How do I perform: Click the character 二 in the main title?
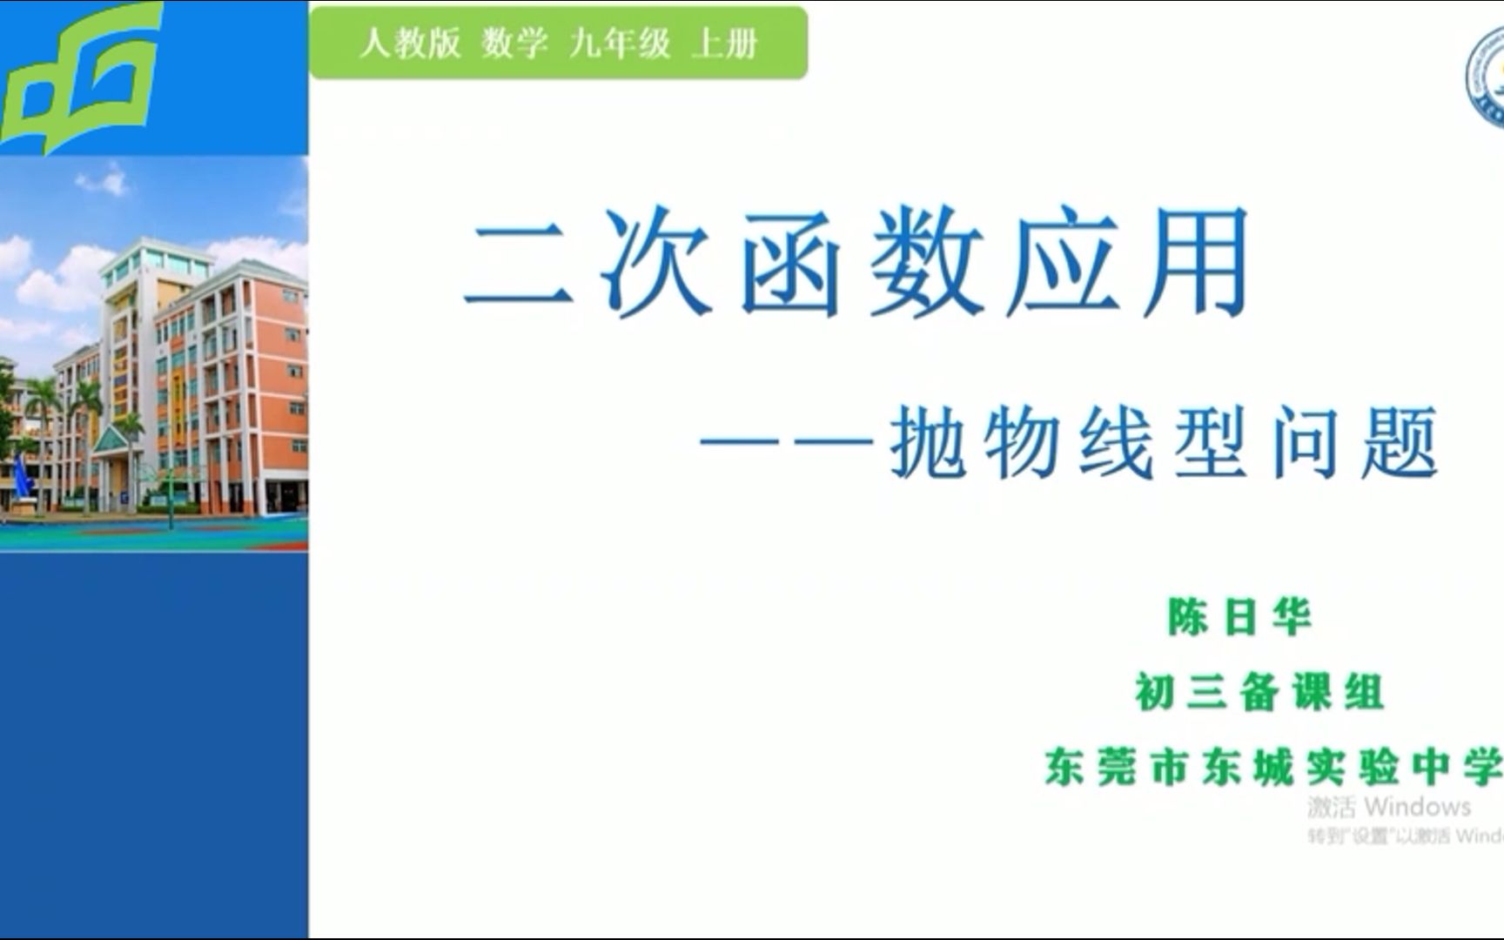(x=520, y=261)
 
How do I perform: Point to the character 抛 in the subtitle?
(x=928, y=443)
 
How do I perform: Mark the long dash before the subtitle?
(x=787, y=443)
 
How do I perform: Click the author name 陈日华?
(x=1239, y=617)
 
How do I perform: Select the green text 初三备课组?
(x=1259, y=693)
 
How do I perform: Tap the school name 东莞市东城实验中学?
(x=1272, y=768)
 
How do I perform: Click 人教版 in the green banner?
(x=410, y=43)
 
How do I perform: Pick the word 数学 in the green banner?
(x=514, y=43)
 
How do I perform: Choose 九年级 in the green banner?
(x=620, y=43)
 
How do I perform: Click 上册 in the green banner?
(x=724, y=43)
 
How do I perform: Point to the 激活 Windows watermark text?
(x=1389, y=807)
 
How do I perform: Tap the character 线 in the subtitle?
(x=1118, y=443)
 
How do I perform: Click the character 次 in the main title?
(x=655, y=261)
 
